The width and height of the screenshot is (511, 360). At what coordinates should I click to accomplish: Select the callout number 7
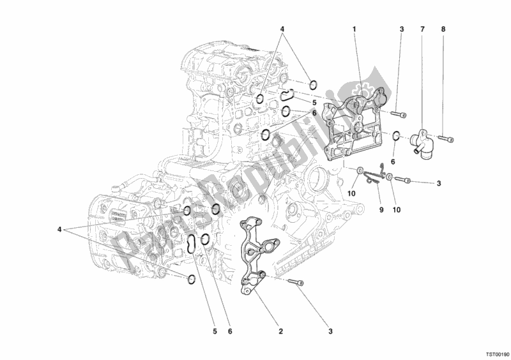click(422, 30)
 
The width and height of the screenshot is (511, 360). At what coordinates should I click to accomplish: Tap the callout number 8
click(443, 30)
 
